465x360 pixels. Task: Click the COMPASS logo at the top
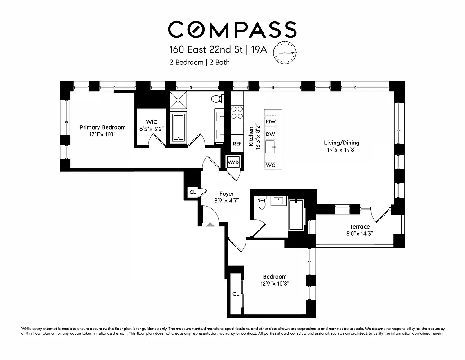(x=232, y=29)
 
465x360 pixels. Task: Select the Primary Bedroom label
(x=103, y=127)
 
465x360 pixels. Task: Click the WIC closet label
(x=151, y=122)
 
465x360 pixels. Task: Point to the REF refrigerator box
(x=237, y=144)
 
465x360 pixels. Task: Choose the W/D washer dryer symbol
(x=233, y=162)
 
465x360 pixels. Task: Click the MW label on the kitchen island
(x=270, y=121)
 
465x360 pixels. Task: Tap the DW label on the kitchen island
(x=270, y=134)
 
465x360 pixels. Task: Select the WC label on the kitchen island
(x=270, y=165)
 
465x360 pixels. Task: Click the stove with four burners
(x=237, y=112)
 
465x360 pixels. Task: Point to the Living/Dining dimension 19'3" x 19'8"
(x=342, y=151)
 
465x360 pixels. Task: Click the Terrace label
(x=360, y=227)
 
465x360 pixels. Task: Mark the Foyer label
(x=226, y=194)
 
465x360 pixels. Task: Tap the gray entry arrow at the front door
(x=210, y=223)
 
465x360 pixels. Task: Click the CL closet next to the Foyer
(x=193, y=192)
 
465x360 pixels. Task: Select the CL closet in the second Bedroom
(x=236, y=294)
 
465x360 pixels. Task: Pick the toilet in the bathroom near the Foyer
(x=262, y=203)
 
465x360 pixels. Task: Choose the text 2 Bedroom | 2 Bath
(x=199, y=63)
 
